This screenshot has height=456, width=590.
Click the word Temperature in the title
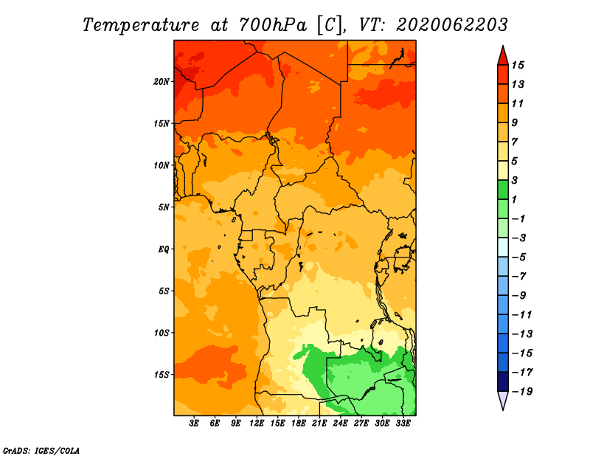(x=141, y=25)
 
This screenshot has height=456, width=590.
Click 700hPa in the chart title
(x=272, y=25)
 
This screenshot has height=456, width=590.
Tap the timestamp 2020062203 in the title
(x=452, y=25)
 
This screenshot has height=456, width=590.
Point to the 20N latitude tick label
(x=162, y=82)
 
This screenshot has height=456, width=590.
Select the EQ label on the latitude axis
(x=164, y=249)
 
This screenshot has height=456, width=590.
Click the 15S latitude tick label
(x=162, y=375)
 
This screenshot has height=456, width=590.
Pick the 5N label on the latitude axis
(x=164, y=207)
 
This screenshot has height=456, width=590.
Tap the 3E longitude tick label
(x=194, y=423)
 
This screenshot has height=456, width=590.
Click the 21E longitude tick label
(x=319, y=423)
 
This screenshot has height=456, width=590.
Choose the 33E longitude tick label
(x=403, y=423)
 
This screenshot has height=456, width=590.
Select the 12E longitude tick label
(x=257, y=423)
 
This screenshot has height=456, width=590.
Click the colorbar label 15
(x=518, y=65)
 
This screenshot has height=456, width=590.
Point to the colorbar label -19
(x=522, y=392)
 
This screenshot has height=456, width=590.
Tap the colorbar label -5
(x=519, y=258)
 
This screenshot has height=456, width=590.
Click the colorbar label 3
(x=514, y=180)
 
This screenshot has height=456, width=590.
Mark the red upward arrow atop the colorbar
(x=503, y=55)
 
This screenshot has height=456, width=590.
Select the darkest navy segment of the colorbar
(x=503, y=381)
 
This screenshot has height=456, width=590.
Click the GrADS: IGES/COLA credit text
(x=41, y=451)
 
